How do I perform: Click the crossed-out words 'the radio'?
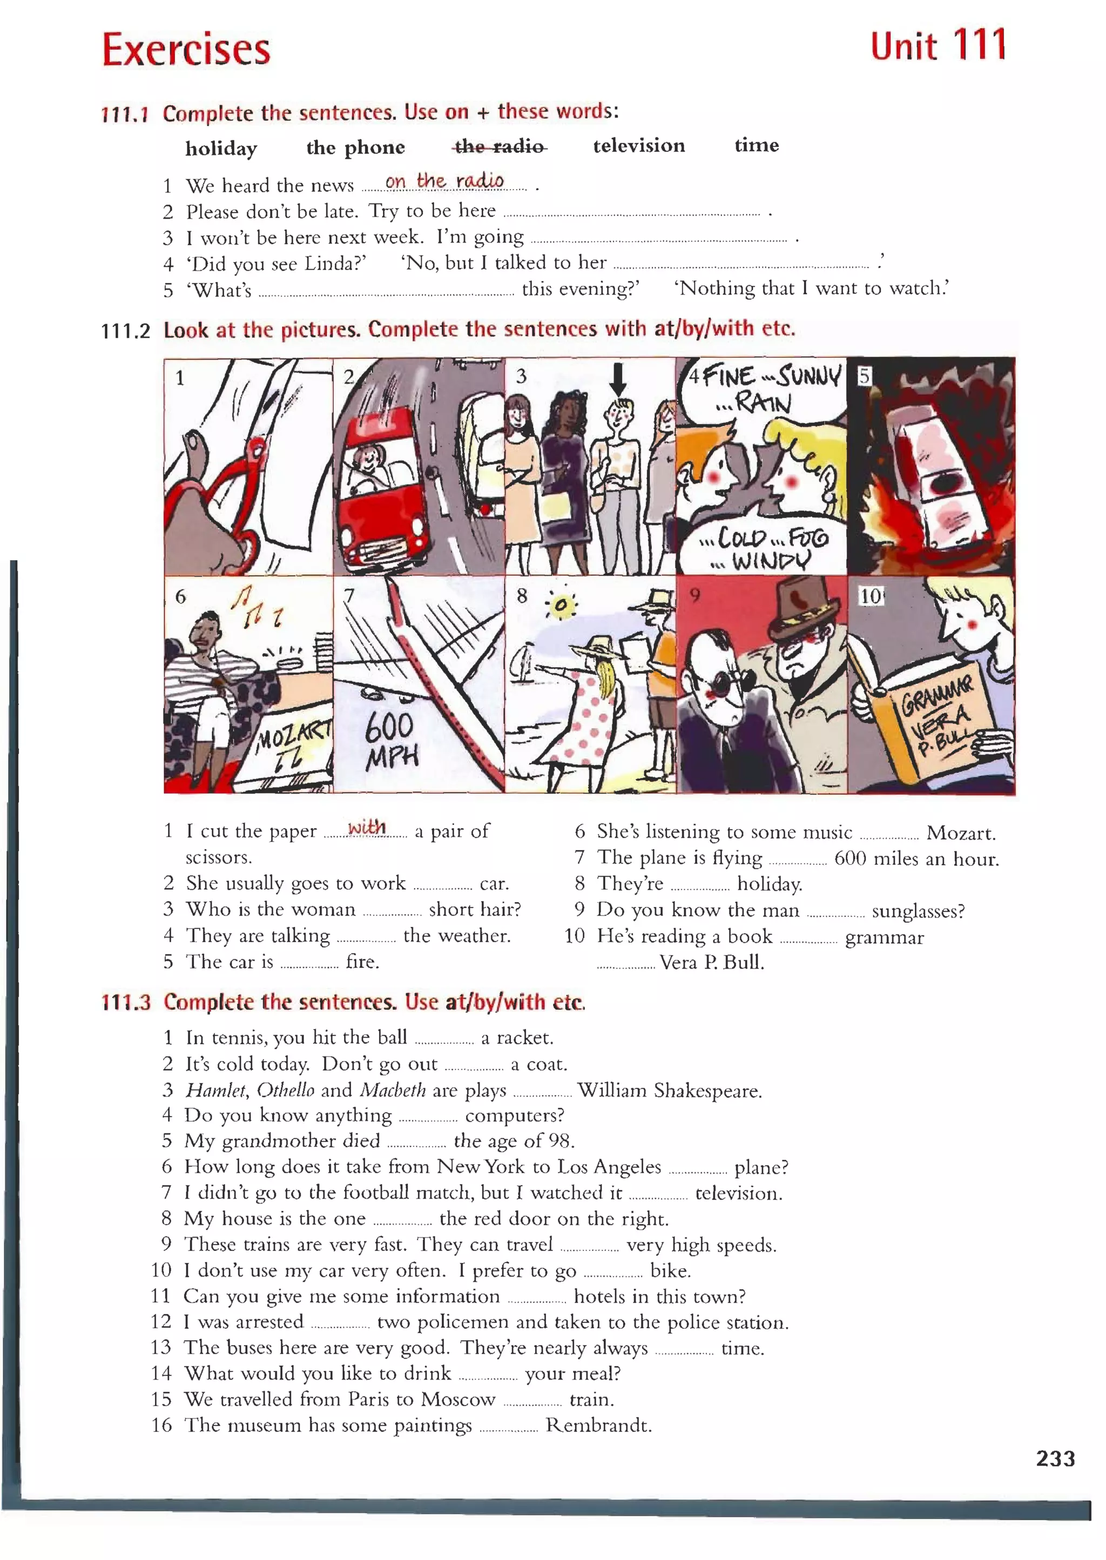[x=500, y=146]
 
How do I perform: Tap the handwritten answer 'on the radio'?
[x=444, y=181]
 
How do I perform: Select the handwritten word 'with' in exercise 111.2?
[x=366, y=827]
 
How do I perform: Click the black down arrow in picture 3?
[x=617, y=379]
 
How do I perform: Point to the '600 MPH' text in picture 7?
[x=391, y=742]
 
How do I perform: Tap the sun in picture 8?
[x=561, y=605]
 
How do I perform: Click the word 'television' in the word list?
[x=639, y=146]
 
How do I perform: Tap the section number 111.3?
[x=125, y=1003]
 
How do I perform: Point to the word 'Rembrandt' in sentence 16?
[x=598, y=1425]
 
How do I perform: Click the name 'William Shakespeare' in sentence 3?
[x=670, y=1091]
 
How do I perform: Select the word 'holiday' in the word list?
[x=221, y=149]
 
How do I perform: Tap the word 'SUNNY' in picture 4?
[x=809, y=375]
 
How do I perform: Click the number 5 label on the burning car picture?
[x=864, y=376]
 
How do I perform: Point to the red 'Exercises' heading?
[x=186, y=50]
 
